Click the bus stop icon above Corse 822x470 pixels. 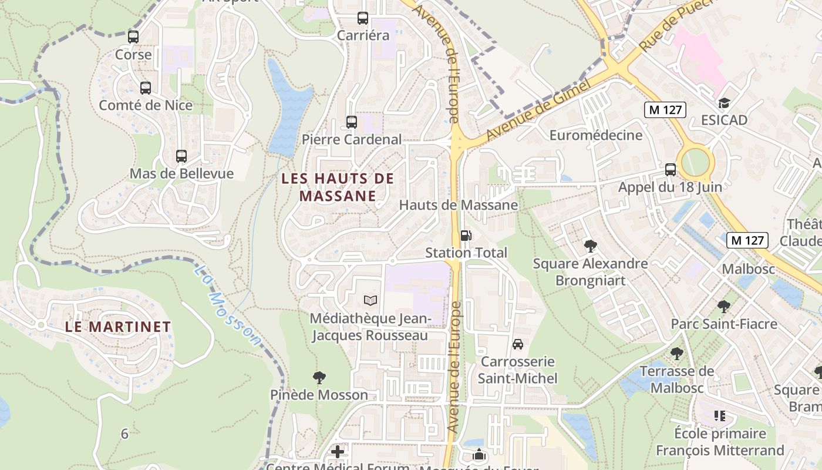[133, 37]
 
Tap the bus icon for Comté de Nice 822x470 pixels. [145, 88]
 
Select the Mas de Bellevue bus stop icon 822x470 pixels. [181, 156]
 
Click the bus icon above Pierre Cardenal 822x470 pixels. [351, 122]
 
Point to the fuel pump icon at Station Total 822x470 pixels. [466, 236]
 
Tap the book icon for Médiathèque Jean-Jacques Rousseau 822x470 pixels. [370, 301]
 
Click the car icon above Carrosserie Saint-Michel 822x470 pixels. [517, 344]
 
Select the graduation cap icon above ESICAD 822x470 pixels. [724, 103]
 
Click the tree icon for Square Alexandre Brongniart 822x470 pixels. [590, 246]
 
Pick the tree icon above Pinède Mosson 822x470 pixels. [319, 377]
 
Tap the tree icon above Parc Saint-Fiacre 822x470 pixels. [723, 307]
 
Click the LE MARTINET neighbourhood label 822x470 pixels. [118, 327]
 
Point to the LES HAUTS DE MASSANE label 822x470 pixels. [337, 187]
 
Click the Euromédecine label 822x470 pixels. [596, 136]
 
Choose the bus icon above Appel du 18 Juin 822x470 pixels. [670, 170]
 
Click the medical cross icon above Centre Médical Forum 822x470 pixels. [338, 452]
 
